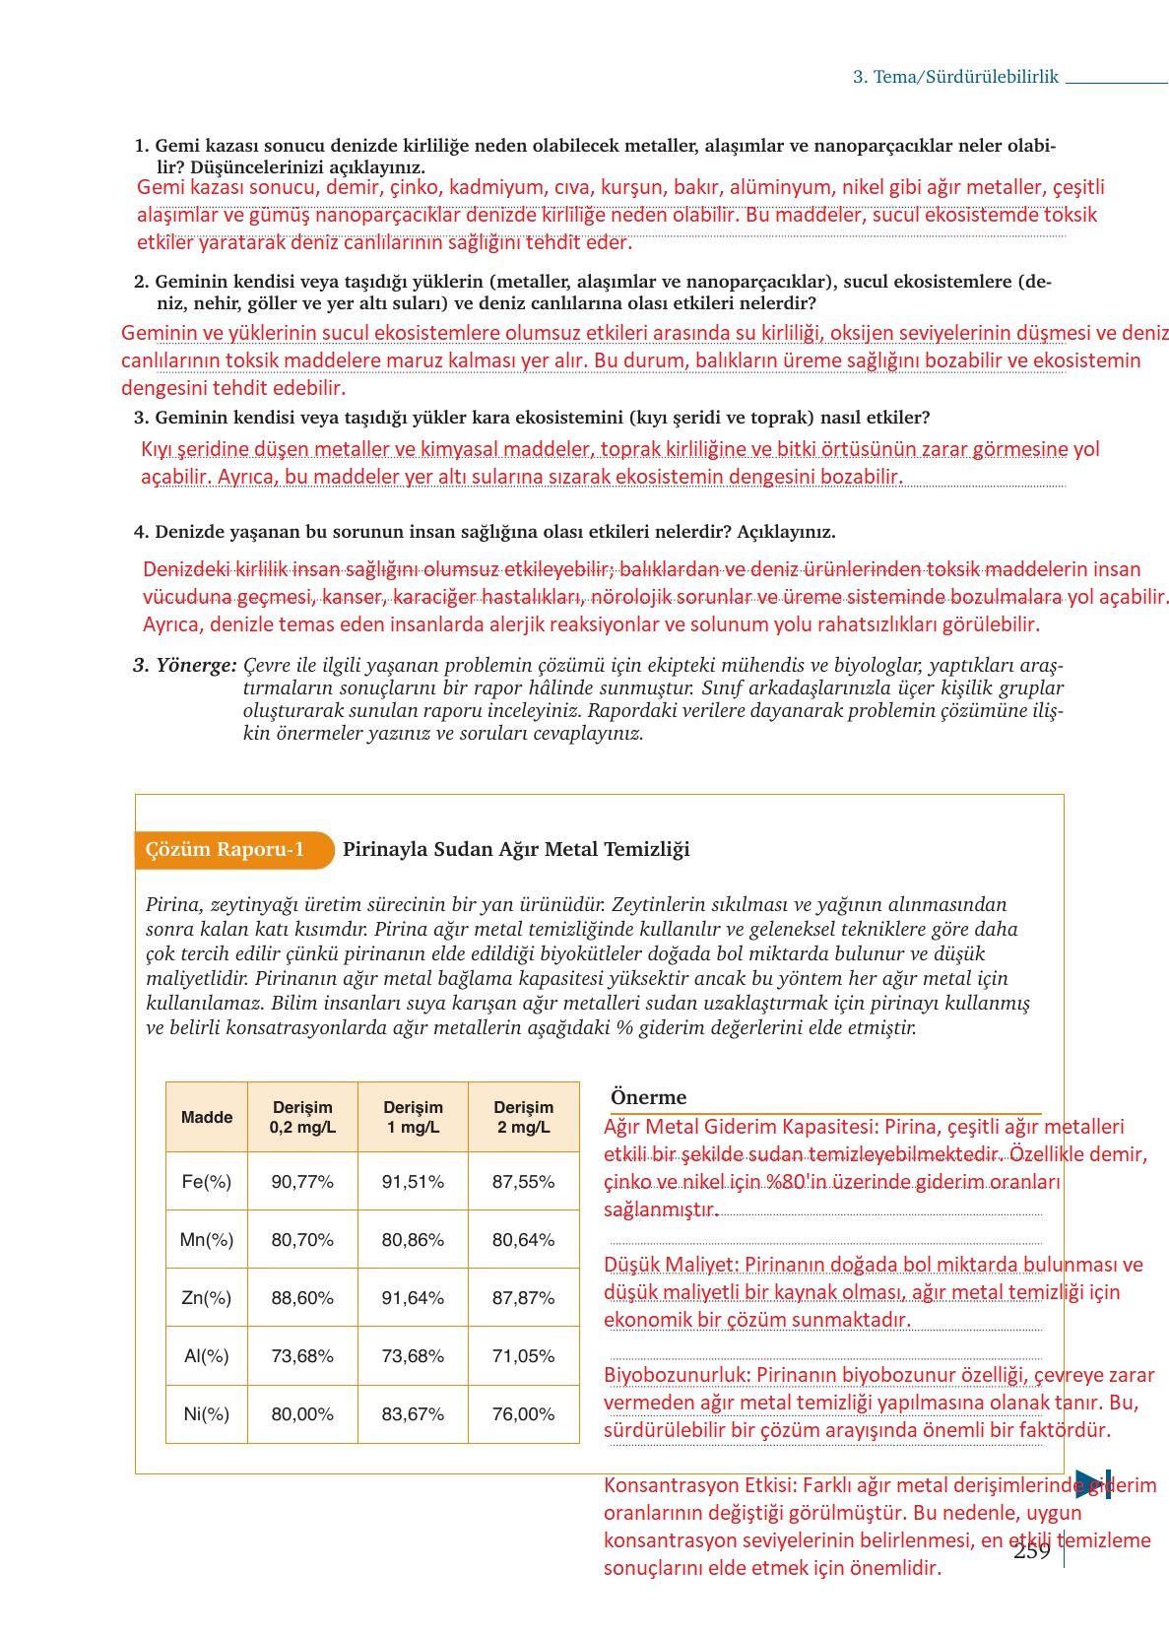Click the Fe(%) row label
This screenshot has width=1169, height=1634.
[x=206, y=1181]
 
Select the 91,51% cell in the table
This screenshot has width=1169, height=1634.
[x=413, y=1181]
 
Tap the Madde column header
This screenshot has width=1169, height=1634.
[x=207, y=1117]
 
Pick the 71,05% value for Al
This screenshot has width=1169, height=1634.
[x=523, y=1355]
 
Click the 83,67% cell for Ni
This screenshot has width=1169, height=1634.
[x=413, y=1413]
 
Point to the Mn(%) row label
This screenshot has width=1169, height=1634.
[x=206, y=1239]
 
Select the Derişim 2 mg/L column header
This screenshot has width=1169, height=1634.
[x=523, y=1117]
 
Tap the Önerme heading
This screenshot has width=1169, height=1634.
[x=648, y=1097]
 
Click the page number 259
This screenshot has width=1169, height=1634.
[x=1031, y=1550]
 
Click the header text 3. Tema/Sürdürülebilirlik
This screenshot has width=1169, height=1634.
[x=954, y=77]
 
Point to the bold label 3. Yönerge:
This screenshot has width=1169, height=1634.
[x=185, y=665]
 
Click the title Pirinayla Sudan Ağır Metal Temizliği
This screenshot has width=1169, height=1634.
[x=516, y=849]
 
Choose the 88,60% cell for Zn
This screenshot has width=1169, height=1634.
[x=302, y=1297]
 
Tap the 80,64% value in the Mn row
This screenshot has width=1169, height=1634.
[x=523, y=1239]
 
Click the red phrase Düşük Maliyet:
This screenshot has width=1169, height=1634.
[x=671, y=1265]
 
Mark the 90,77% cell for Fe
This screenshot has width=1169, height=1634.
[x=302, y=1181]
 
